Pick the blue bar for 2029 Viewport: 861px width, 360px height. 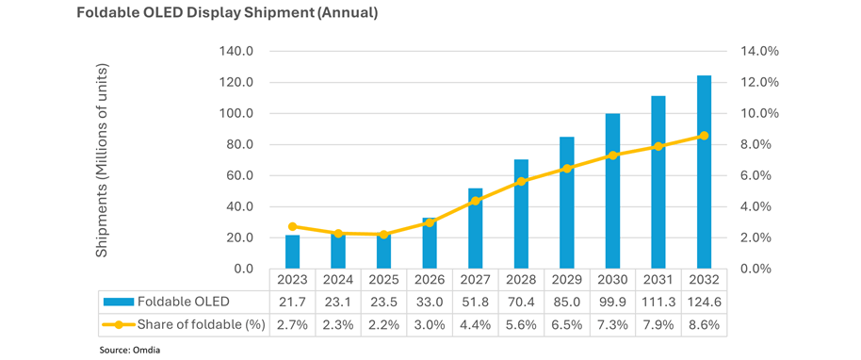[567, 203]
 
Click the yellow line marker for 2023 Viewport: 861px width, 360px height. [293, 227]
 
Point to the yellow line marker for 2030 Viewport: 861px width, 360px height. [613, 155]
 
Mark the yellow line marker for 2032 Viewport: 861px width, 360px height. [704, 136]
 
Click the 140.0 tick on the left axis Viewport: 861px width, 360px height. [236, 51]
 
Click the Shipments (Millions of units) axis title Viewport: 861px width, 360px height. [104, 160]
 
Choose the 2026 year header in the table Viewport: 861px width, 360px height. [430, 279]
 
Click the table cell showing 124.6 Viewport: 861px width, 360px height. [704, 301]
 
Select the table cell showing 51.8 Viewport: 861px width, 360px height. [476, 301]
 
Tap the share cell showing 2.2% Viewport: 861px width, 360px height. [384, 324]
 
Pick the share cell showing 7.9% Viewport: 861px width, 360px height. [658, 324]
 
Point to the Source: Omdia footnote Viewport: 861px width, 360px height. [133, 349]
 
